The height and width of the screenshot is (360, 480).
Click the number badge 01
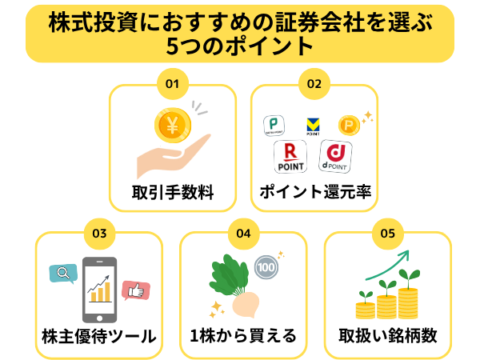[x=172, y=83]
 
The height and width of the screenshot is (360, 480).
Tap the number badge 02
[x=314, y=83]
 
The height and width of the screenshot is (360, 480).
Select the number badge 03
[x=99, y=234]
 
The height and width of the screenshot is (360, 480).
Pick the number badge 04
[x=244, y=234]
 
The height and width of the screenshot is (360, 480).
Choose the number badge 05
[x=387, y=234]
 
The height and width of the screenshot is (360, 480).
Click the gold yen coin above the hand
[x=173, y=126]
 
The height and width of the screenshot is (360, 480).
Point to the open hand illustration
[x=174, y=156]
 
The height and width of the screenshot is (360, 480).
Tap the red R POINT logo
[x=290, y=157]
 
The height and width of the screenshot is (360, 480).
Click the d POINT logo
[x=335, y=156]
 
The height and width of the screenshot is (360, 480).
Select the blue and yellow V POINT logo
[x=313, y=126]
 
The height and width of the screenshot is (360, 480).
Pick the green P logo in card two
[x=274, y=126]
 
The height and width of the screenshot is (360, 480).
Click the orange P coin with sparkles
[x=349, y=126]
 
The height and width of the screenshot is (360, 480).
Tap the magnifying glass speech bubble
[x=63, y=274]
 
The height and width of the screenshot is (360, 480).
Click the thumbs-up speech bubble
[x=136, y=290]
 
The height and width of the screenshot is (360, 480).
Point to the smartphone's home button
[x=99, y=318]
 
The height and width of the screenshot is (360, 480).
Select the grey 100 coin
[x=266, y=267]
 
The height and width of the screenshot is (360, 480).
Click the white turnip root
[x=246, y=304]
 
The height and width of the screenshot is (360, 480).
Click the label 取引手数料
[x=173, y=193]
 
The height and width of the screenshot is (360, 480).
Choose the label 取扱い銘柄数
[x=387, y=336]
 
